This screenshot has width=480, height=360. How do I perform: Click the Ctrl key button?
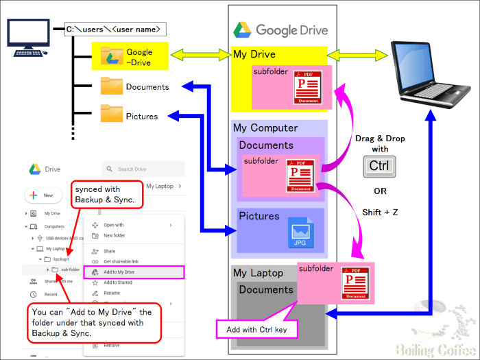379,166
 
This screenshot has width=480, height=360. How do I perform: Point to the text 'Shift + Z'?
380,213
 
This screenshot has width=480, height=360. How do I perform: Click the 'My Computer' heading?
265,128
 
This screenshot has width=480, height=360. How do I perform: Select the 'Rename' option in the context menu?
112,293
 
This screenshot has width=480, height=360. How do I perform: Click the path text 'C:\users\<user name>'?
114,29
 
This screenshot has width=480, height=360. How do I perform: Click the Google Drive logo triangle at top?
242,29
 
